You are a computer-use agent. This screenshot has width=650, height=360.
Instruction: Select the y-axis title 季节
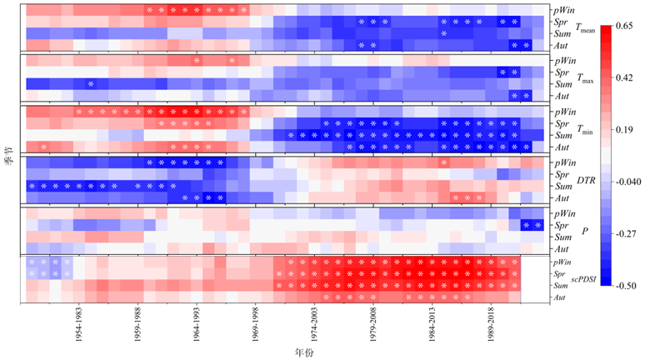[7, 156]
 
